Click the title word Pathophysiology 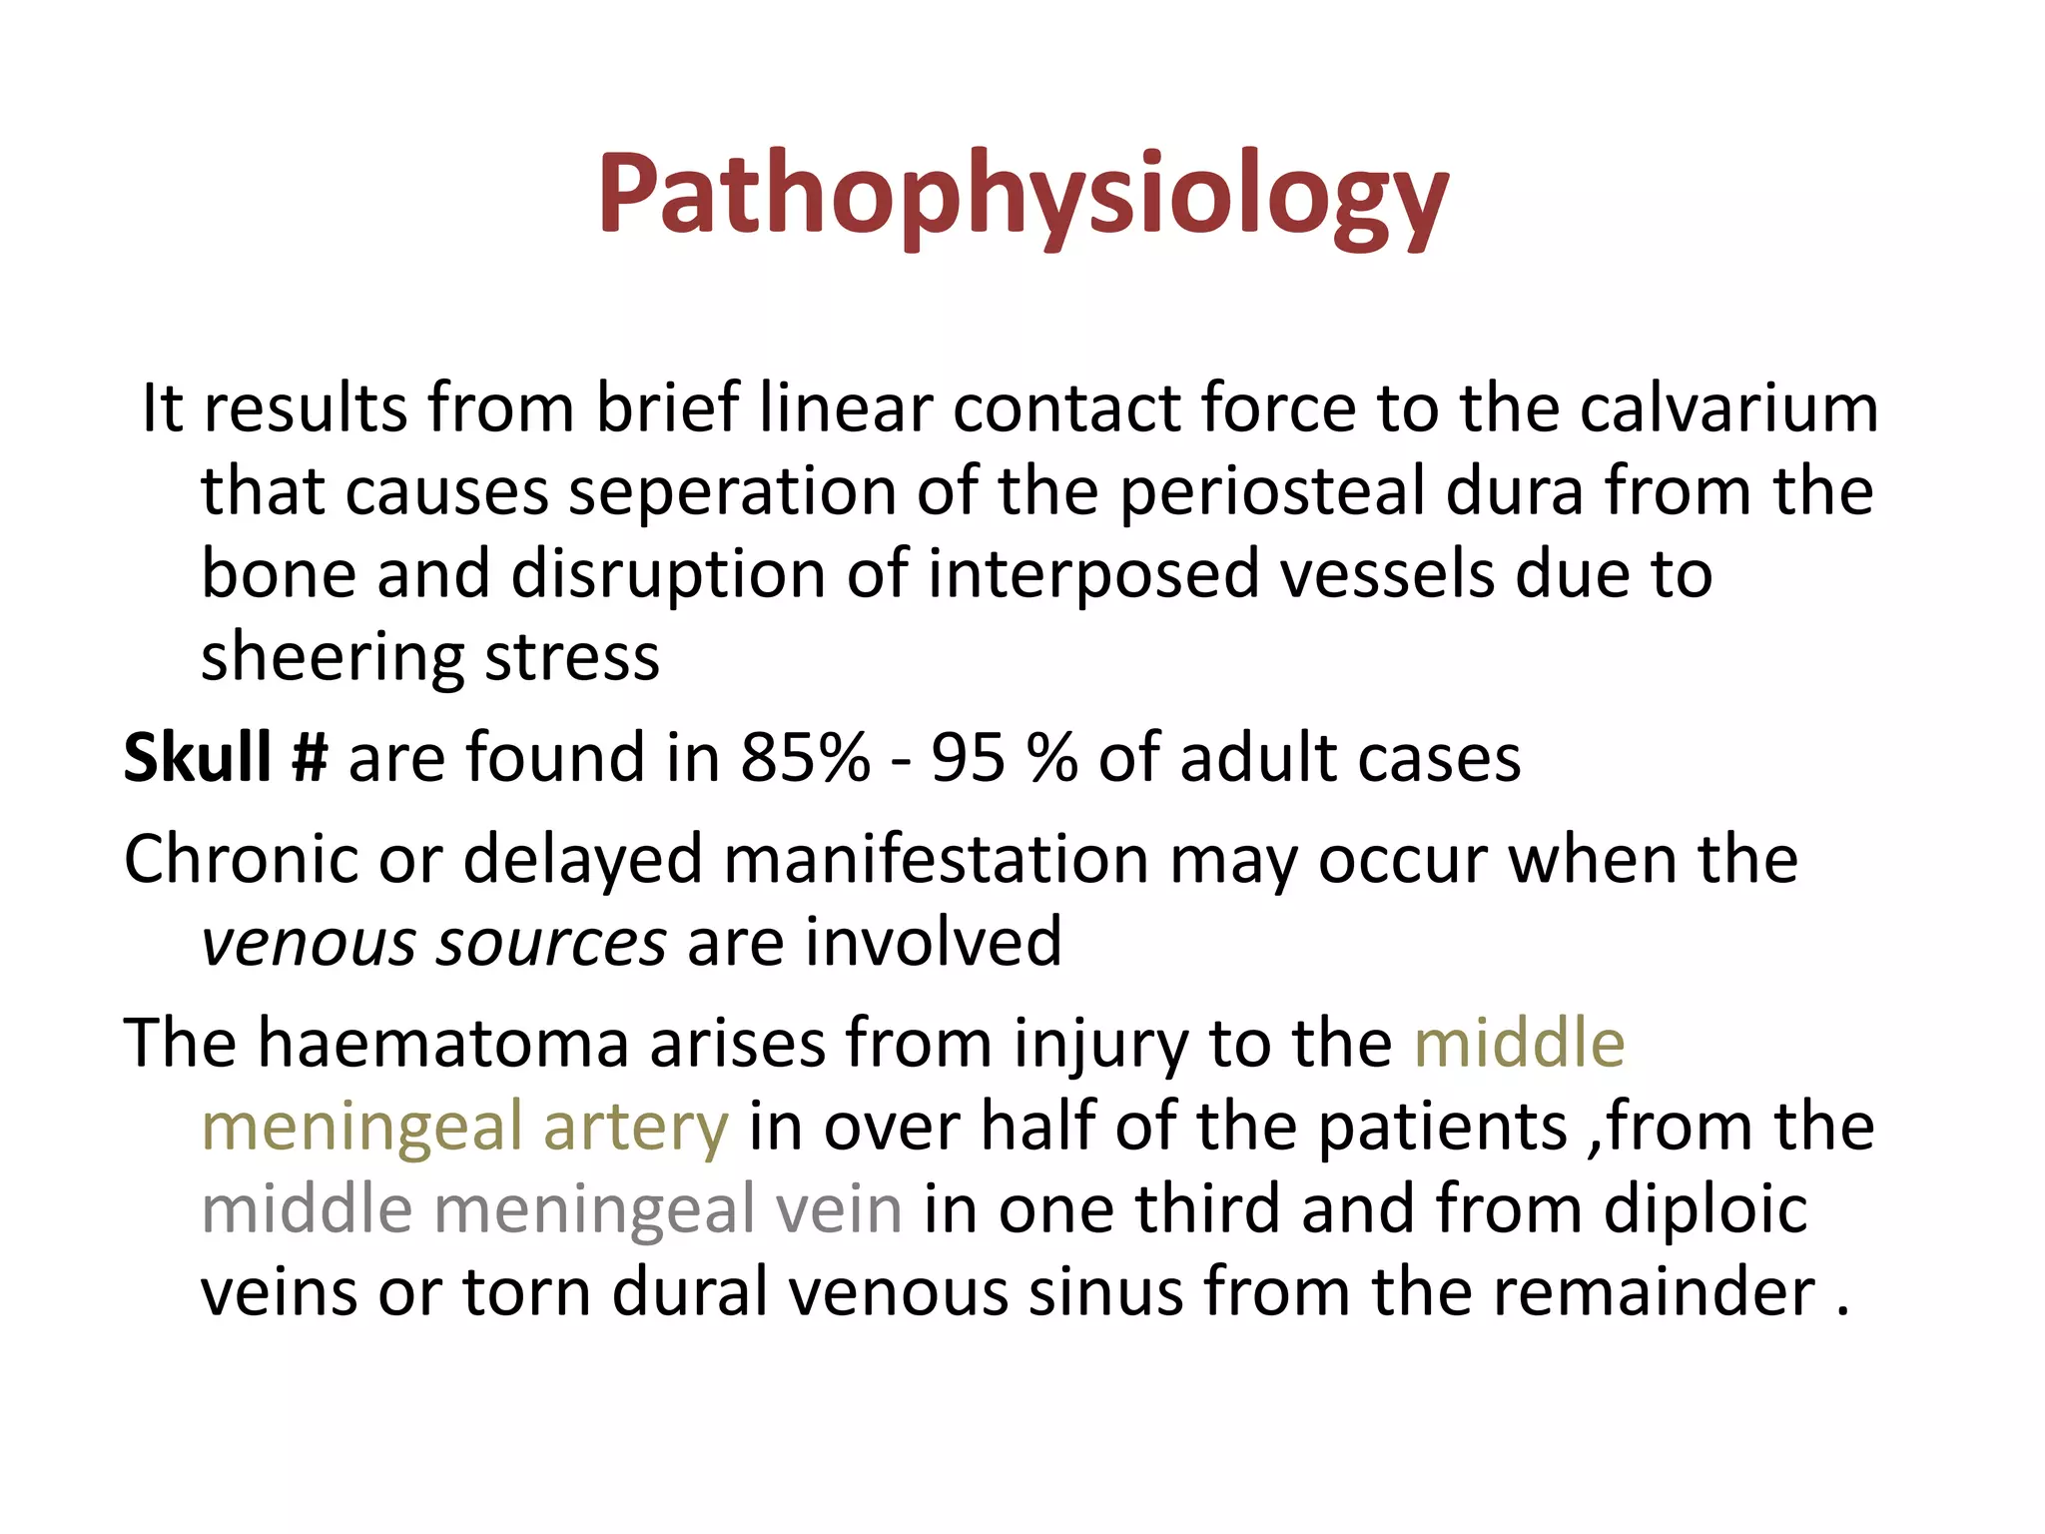pos(1022,194)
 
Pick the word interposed pos(1092,574)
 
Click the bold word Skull pos(197,757)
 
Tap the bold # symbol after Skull pos(310,757)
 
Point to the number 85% pos(805,757)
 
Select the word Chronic pos(241,859)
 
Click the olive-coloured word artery pos(635,1127)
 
